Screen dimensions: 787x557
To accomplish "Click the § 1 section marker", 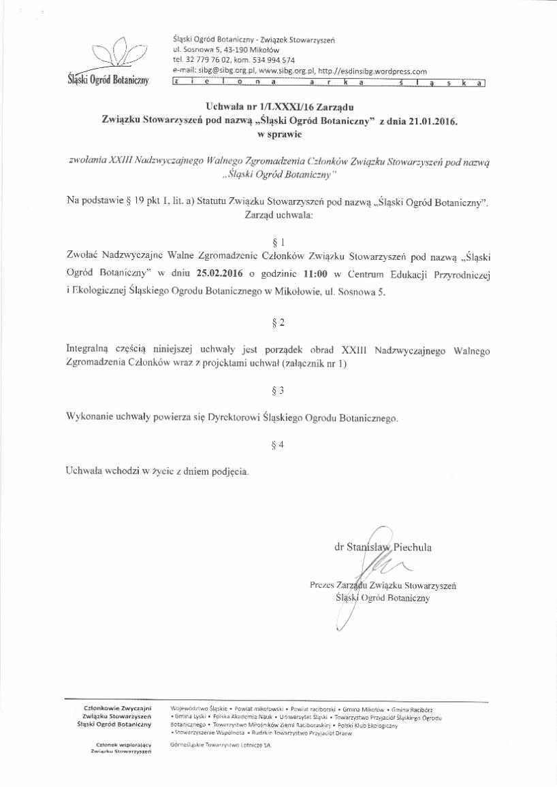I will pos(277,241).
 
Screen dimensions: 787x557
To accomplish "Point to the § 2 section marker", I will pos(277,322).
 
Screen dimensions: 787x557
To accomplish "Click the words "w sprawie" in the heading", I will pos(279,135).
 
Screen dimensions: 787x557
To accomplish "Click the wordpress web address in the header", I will pos(372,70).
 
